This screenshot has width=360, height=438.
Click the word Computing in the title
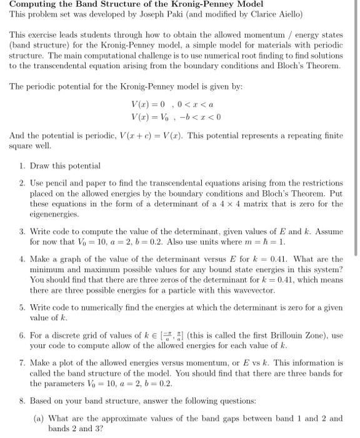tap(30, 4)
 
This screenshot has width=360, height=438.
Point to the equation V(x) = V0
tap(147, 116)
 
